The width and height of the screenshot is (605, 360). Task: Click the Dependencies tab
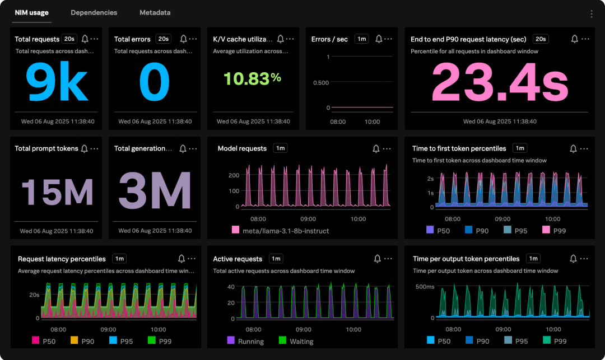point(94,12)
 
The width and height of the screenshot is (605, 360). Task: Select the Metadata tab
point(155,12)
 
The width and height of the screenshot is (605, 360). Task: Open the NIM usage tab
point(31,12)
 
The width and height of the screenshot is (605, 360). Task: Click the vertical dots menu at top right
point(592,14)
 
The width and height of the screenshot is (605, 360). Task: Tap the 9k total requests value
point(57,83)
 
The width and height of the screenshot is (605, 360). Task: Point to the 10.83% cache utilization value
point(253,79)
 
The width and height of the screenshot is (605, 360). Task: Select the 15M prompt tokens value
point(57,192)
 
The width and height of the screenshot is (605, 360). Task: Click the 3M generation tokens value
point(155,192)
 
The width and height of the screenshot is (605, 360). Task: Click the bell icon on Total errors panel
point(183,39)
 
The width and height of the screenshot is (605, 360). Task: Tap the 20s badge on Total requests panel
point(69,39)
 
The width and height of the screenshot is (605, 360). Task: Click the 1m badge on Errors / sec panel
point(361,39)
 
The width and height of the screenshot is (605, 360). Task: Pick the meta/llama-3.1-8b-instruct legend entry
point(281,231)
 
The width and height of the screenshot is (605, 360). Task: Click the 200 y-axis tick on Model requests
point(234,175)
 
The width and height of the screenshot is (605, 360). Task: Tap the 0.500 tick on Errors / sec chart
point(321,83)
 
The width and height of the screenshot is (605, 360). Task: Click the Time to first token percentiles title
point(459,148)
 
